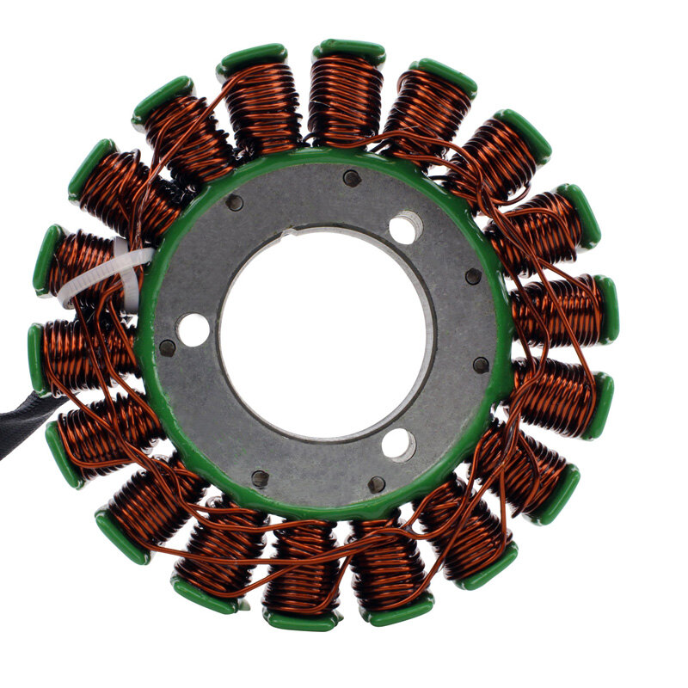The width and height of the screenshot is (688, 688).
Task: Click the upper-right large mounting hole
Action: [x=404, y=229]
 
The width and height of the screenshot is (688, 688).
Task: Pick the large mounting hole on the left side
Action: [x=193, y=330]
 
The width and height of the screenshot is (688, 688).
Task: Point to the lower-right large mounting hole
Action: [x=397, y=445]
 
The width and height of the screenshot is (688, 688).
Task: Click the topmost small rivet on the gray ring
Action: [x=351, y=178]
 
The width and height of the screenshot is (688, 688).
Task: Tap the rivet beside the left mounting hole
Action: [x=168, y=348]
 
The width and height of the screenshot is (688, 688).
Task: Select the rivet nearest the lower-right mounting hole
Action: [x=377, y=484]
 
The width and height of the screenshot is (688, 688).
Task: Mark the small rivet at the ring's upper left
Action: [x=234, y=203]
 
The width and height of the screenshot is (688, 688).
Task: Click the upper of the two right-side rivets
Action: [x=473, y=276]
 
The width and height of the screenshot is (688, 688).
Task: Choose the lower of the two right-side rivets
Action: [x=481, y=365]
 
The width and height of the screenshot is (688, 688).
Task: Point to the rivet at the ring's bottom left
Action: [x=260, y=478]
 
